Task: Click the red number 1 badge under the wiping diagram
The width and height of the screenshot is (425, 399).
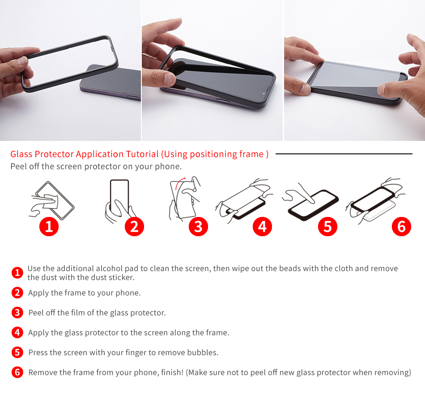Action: (x=49, y=226)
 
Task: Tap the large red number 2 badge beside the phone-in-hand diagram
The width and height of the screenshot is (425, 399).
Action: (x=135, y=226)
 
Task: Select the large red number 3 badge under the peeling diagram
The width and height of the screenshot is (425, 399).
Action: (x=198, y=226)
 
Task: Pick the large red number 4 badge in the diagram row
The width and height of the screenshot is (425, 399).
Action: (x=262, y=226)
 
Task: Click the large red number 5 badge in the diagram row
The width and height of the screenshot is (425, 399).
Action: (x=327, y=226)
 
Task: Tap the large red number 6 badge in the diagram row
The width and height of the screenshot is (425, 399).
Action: (x=401, y=226)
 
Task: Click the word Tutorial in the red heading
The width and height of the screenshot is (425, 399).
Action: (x=142, y=154)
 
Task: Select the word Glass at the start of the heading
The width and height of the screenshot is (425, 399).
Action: (x=21, y=154)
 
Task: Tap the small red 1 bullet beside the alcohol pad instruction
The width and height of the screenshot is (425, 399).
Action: (x=17, y=272)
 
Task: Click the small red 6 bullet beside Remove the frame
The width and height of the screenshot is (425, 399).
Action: (x=17, y=372)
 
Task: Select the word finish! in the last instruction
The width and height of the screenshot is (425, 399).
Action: (x=172, y=372)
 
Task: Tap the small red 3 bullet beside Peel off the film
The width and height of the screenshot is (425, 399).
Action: (x=17, y=312)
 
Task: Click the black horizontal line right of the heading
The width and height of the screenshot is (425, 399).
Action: (x=344, y=154)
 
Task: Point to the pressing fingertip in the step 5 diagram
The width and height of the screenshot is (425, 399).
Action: (x=312, y=201)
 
